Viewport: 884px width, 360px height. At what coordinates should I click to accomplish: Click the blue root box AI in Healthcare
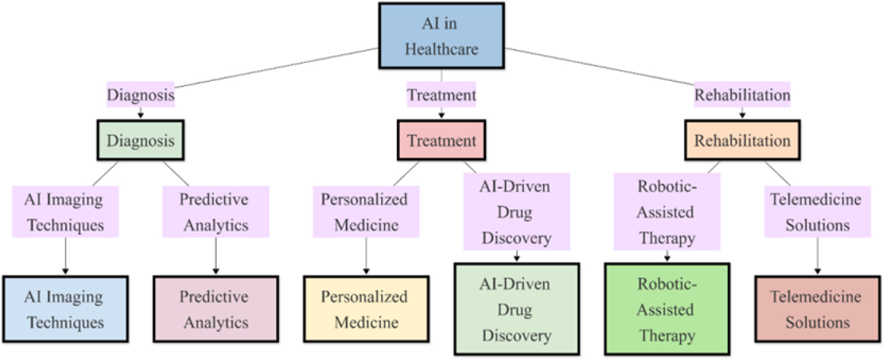point(441,36)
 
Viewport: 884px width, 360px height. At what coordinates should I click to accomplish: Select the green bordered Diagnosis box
point(141,141)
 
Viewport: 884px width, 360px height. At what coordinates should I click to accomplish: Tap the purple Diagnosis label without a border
point(141,95)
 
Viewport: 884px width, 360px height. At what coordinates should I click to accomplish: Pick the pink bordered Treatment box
point(441,141)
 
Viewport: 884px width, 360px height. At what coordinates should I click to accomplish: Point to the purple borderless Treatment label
point(441,95)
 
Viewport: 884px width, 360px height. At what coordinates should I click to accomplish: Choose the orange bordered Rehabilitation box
point(742,141)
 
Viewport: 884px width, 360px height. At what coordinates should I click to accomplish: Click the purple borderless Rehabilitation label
point(742,95)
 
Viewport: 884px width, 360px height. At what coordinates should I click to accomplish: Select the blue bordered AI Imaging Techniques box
point(65,309)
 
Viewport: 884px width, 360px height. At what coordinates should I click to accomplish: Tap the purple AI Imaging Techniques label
point(65,212)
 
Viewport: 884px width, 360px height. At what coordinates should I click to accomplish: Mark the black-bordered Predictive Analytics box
point(216,309)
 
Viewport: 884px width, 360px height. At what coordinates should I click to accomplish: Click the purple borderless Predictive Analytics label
point(216,212)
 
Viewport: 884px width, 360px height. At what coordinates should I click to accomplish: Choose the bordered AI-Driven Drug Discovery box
point(516,309)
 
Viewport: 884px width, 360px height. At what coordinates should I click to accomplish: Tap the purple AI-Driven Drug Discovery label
point(516,212)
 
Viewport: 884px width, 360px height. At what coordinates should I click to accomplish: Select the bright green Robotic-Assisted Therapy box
point(667,309)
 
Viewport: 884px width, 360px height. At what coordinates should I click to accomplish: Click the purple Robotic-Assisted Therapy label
point(667,212)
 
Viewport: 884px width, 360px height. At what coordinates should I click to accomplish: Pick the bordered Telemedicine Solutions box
point(817,309)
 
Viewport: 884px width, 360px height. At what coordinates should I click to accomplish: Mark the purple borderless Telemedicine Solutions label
point(817,212)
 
